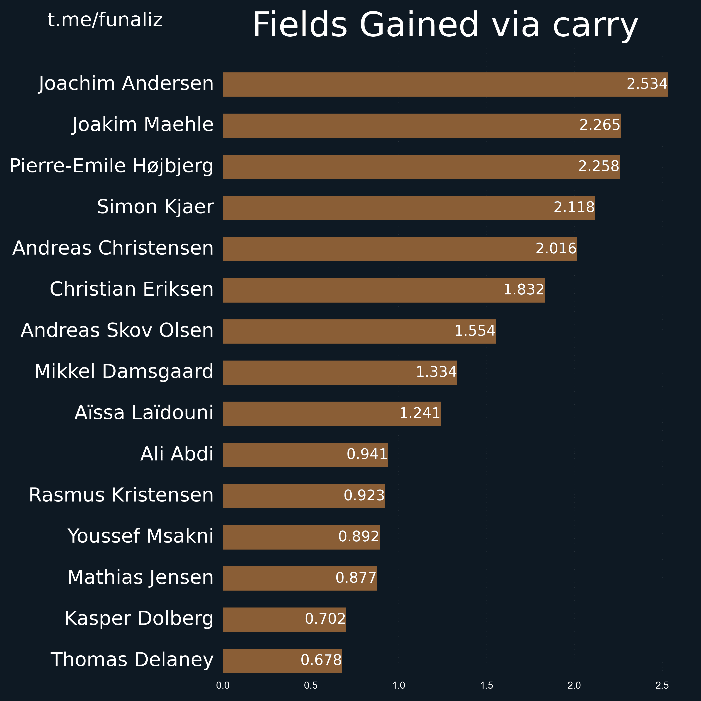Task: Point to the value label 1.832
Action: pos(524,290)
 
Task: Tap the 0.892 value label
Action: pos(359,536)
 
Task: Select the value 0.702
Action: pos(325,619)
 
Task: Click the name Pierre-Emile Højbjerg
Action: pos(111,166)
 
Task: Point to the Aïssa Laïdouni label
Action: pos(144,413)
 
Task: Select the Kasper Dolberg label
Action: pos(139,619)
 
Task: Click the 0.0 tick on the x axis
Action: pos(223,685)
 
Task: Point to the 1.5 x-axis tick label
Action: pos(486,685)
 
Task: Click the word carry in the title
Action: pos(595,25)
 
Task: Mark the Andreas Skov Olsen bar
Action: pos(359,331)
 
